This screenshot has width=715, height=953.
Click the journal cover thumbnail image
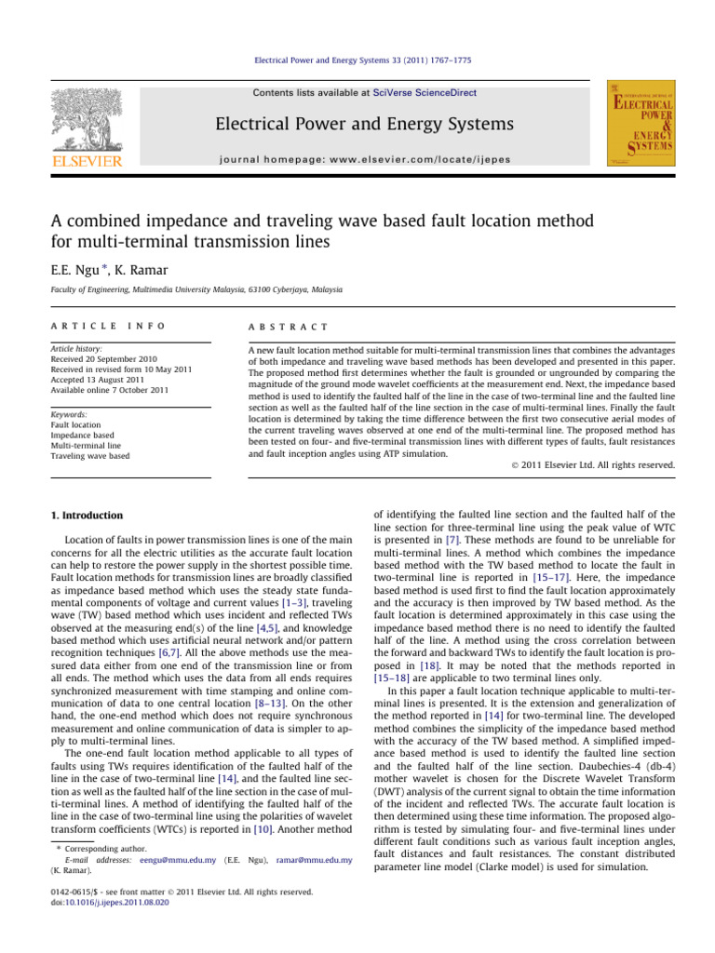(641, 125)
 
